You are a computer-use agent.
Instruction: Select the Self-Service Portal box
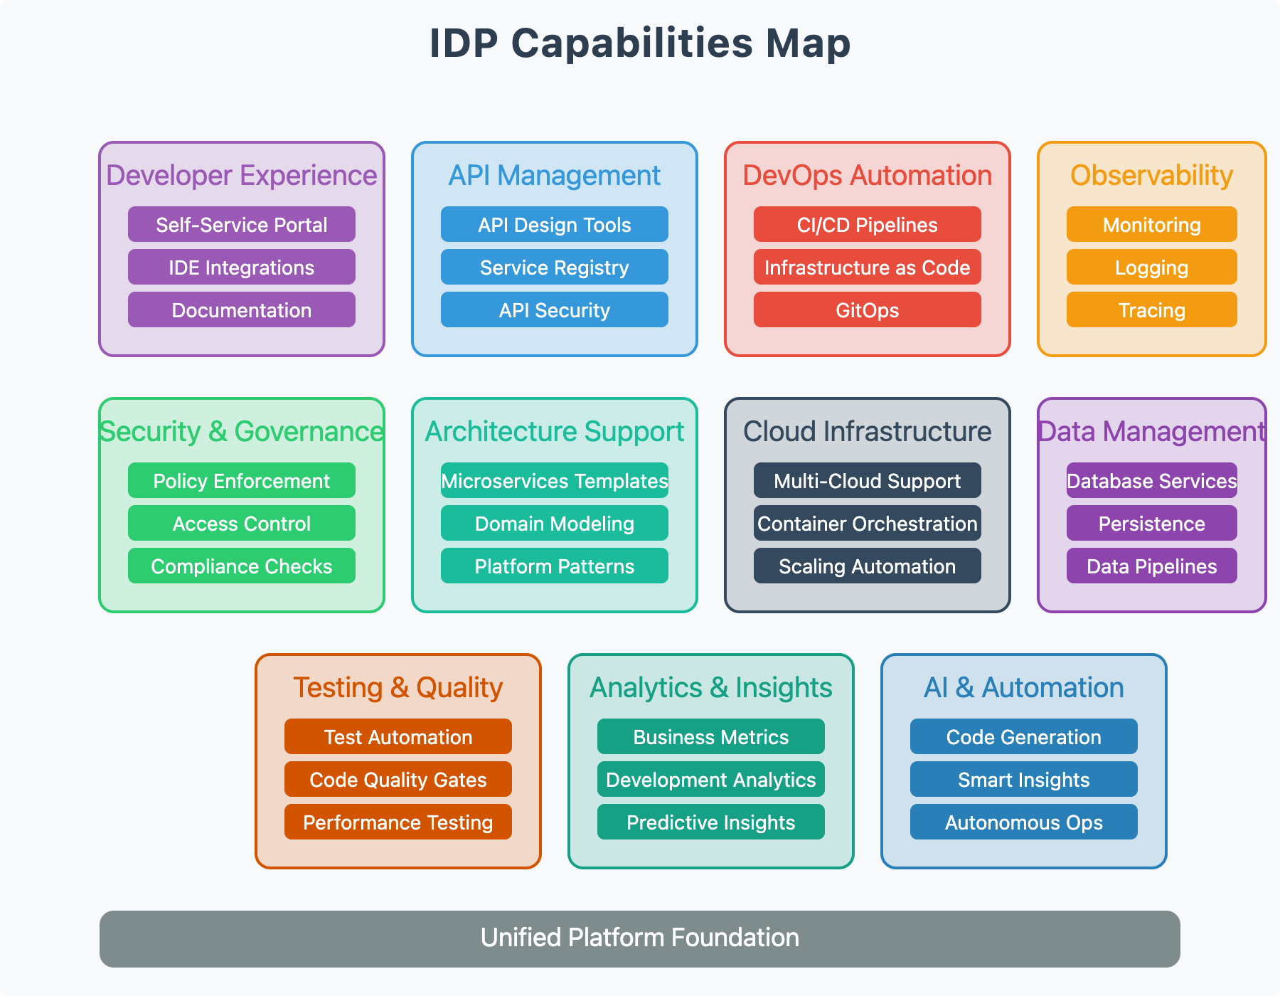pos(242,225)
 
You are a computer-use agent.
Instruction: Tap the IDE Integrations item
pos(242,267)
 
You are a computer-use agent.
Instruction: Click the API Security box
pos(555,310)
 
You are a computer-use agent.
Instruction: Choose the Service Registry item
pos(555,267)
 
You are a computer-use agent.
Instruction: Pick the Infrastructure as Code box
pos(868,267)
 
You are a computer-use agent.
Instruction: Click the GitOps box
pos(868,310)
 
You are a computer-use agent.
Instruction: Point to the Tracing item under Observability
pos(1152,310)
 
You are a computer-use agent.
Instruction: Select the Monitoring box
pos(1152,225)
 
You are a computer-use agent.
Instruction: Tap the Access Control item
pos(242,524)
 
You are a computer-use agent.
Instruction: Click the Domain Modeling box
pos(555,524)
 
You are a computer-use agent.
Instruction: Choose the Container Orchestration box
pos(868,524)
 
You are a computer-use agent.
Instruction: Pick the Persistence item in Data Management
pos(1152,524)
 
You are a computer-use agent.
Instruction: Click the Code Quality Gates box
pos(398,780)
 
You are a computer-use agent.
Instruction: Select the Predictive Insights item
pos(711,822)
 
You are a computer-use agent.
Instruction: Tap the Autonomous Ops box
pos(1024,822)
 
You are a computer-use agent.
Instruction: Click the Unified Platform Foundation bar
pos(640,938)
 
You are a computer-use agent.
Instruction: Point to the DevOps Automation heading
pos(868,176)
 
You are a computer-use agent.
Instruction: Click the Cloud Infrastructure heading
pos(868,432)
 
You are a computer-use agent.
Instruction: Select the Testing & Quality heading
pos(398,688)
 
